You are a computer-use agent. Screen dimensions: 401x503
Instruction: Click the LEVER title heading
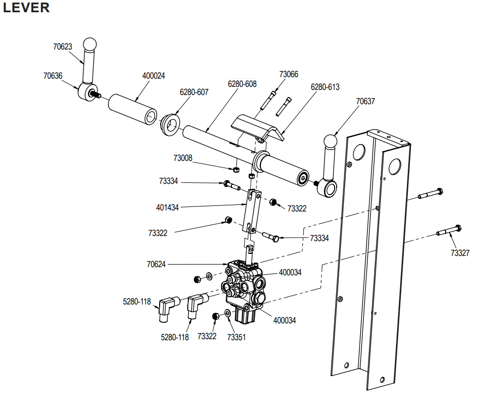point(27,8)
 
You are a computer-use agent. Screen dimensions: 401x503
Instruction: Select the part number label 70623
point(62,46)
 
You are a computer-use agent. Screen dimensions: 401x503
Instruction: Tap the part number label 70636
point(53,76)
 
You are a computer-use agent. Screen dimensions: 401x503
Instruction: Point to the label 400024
point(154,76)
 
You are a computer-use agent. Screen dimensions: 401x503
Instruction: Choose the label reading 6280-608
point(242,84)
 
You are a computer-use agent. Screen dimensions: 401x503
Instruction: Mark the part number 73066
point(289,74)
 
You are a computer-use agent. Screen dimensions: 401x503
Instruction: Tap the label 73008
point(183,158)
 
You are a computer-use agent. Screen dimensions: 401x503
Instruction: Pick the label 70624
point(157,265)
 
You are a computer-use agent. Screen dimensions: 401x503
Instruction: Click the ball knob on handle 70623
point(90,43)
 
